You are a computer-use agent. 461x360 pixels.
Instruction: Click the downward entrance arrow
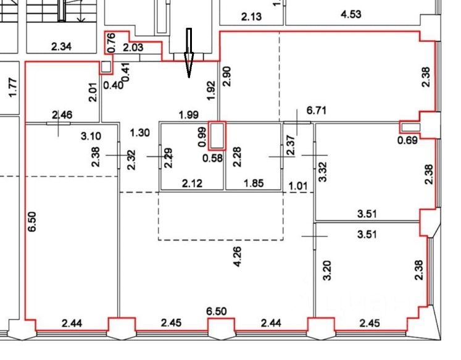click(x=189, y=52)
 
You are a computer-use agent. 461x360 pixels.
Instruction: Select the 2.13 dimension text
click(x=252, y=17)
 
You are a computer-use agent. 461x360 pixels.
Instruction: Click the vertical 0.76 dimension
click(x=111, y=41)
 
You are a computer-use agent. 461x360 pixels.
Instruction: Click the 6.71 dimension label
click(x=316, y=111)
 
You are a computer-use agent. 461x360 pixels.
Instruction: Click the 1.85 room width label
click(x=253, y=183)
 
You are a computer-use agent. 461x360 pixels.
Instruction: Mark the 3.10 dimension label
click(x=90, y=135)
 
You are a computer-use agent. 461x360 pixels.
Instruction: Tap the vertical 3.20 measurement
click(x=327, y=270)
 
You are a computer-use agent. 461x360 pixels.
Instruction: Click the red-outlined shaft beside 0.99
click(x=216, y=135)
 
